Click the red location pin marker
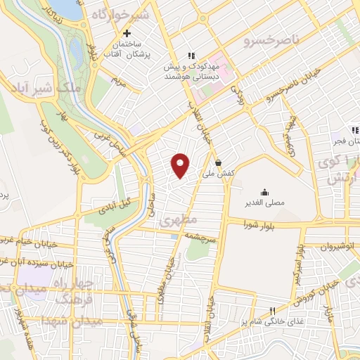(181, 165)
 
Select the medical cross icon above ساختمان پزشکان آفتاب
(127, 33)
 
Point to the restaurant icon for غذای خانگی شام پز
(273, 309)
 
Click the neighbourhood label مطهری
(174, 220)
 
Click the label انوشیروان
(340, 247)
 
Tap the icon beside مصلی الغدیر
(264, 192)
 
